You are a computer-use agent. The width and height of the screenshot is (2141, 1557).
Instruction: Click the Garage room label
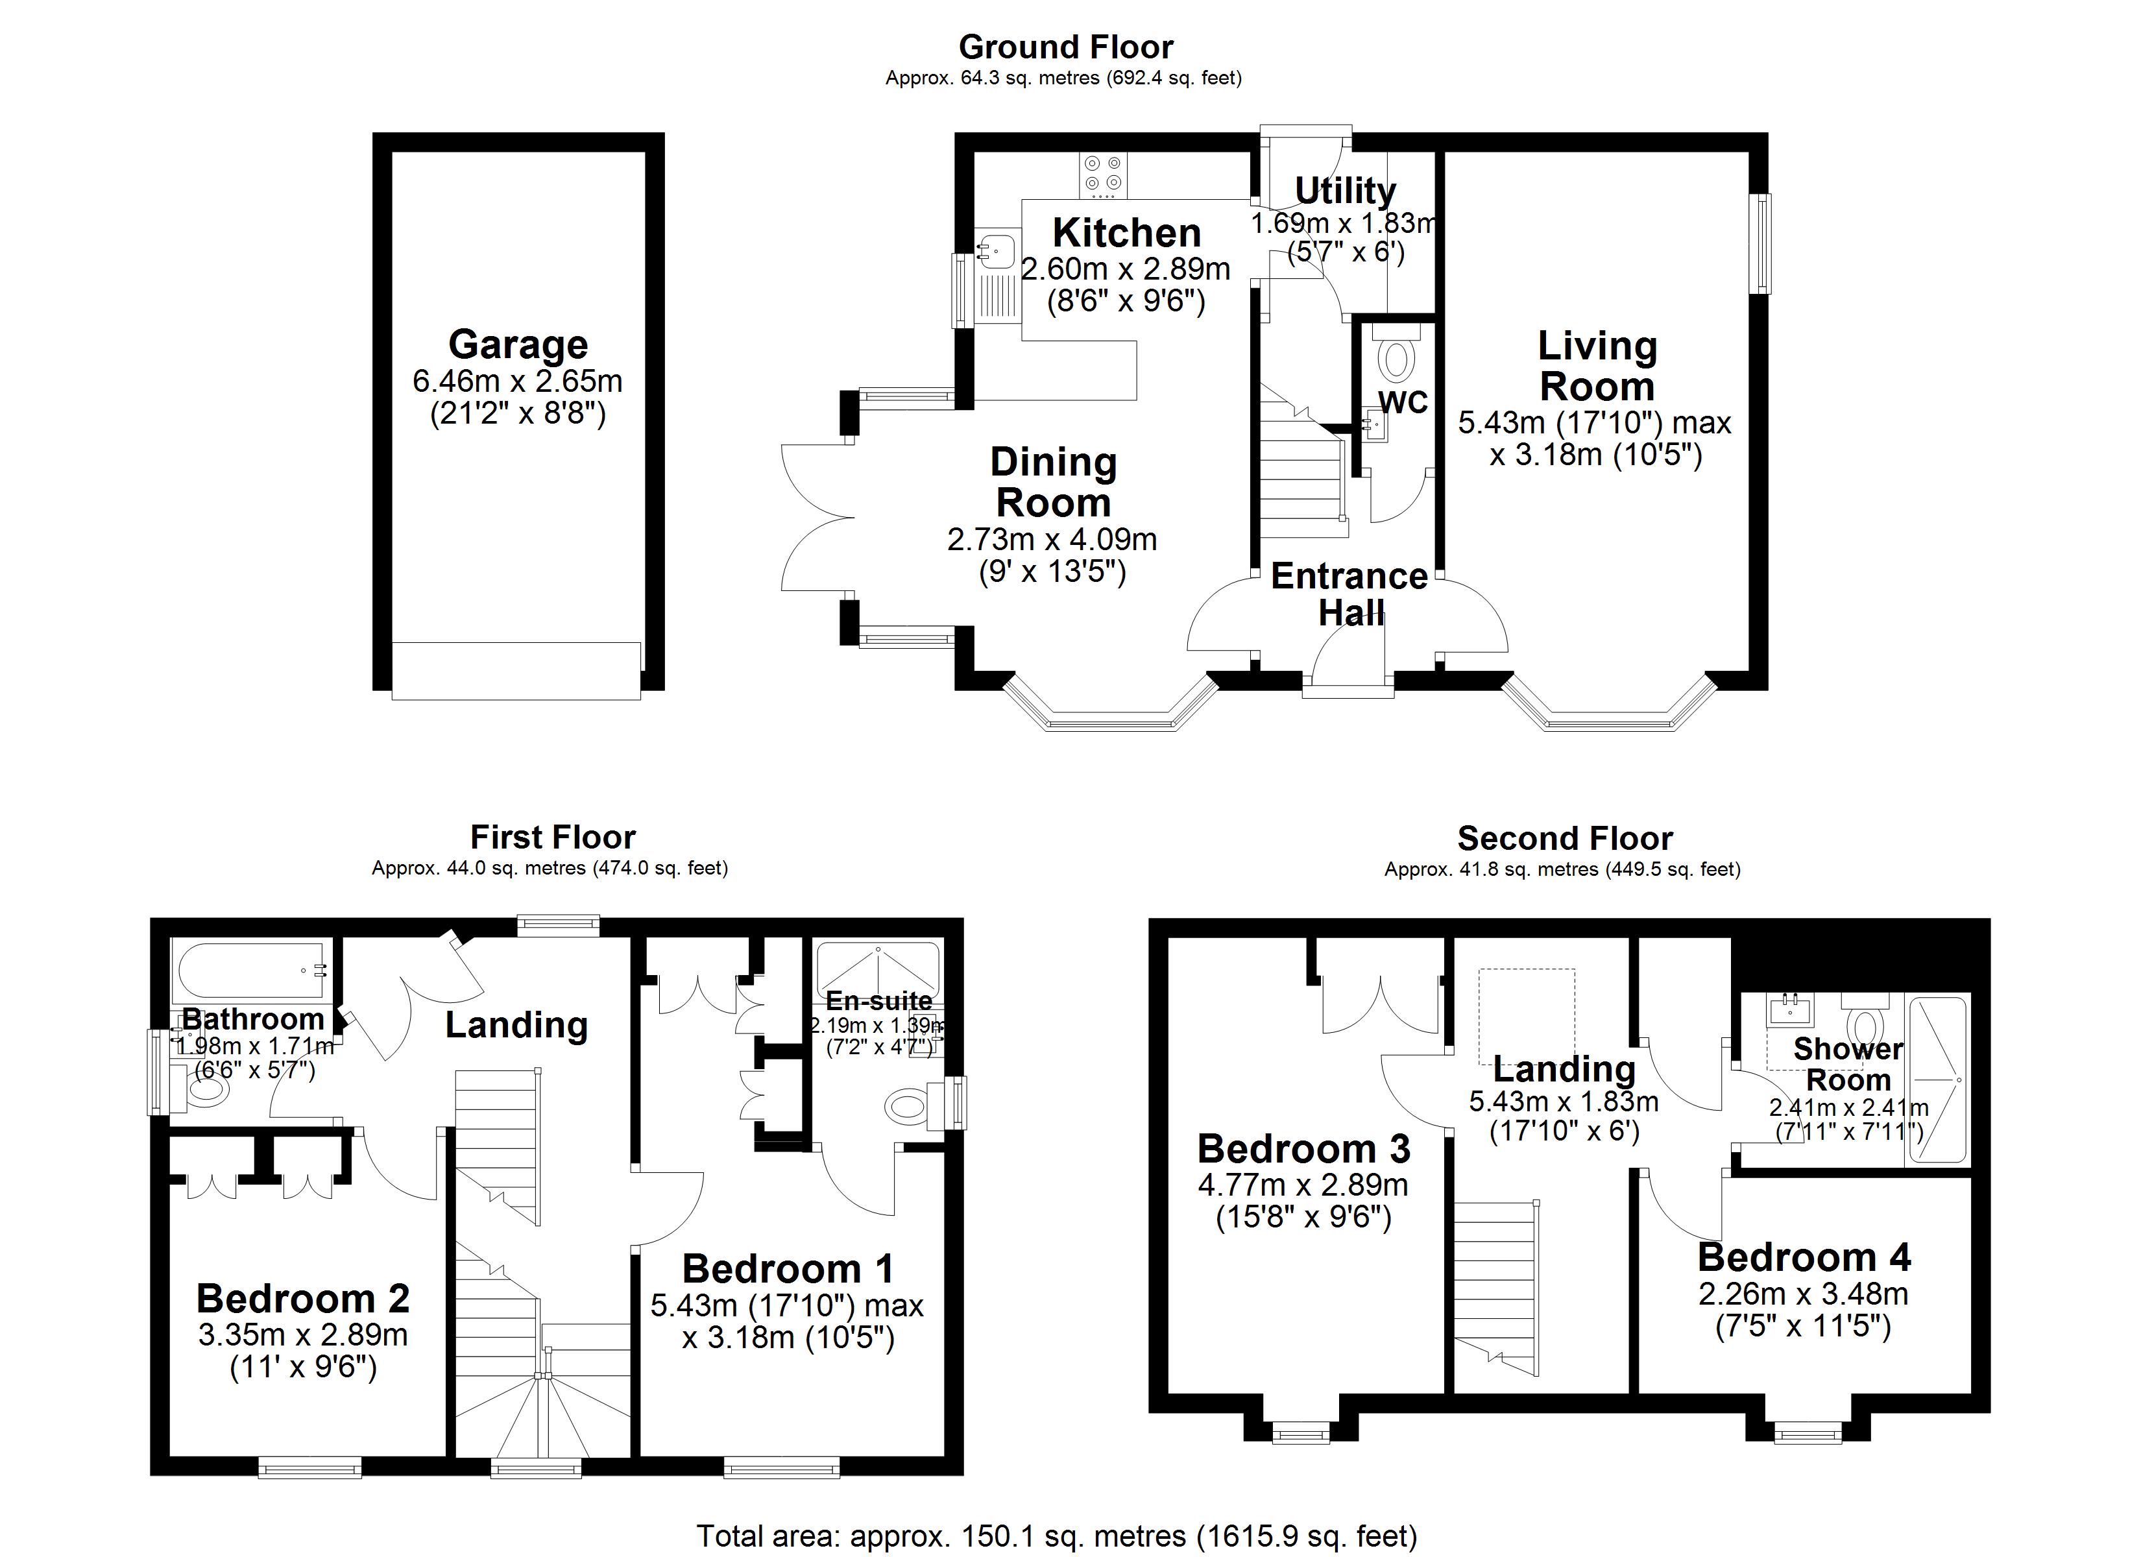click(x=517, y=344)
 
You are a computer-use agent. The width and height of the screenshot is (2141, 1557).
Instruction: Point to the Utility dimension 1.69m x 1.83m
click(x=1344, y=224)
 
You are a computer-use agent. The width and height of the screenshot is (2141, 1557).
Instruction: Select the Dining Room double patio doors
click(x=817, y=518)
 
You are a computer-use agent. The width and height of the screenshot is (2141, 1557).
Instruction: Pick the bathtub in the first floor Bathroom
click(x=250, y=972)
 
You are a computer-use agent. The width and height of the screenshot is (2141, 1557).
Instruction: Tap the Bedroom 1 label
click(x=787, y=1268)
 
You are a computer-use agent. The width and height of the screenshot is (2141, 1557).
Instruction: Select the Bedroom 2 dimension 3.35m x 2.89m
click(x=303, y=1334)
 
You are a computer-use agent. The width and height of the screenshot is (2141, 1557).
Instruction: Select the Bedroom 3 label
click(x=1303, y=1149)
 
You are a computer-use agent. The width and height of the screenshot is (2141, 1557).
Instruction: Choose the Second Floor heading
click(x=1564, y=838)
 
